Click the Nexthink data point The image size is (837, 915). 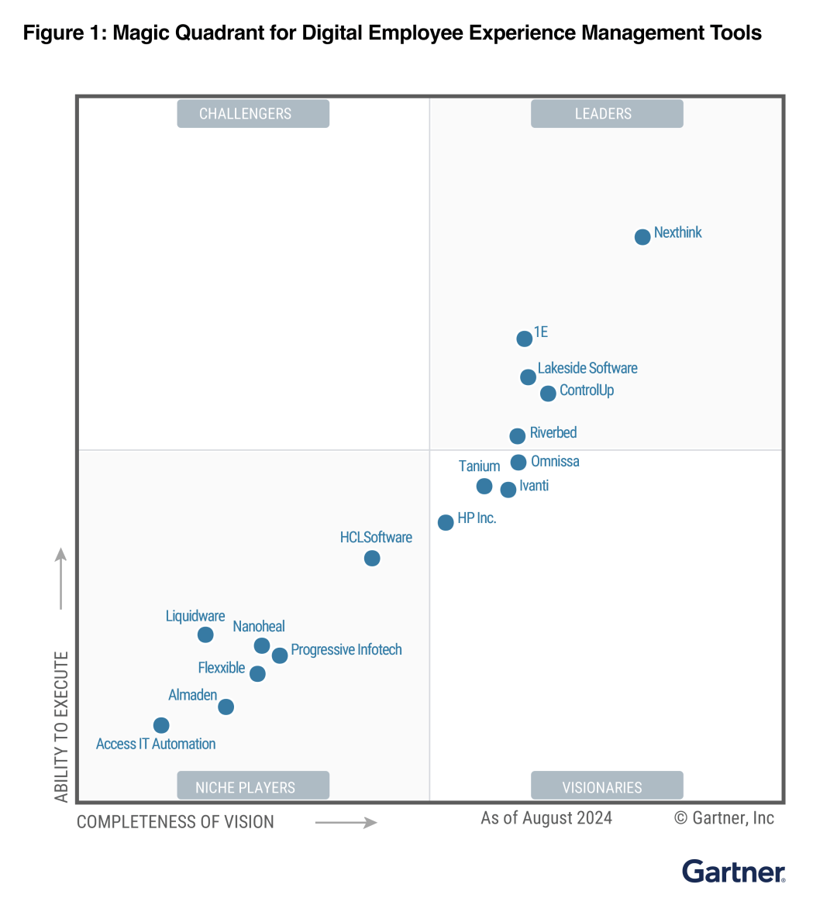point(642,237)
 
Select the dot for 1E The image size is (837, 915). point(525,339)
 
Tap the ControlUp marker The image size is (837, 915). point(548,394)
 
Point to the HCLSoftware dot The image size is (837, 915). point(372,559)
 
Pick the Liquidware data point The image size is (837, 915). point(205,635)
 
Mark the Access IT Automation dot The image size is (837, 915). point(161,726)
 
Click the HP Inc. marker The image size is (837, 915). point(446,523)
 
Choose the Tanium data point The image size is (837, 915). point(484,487)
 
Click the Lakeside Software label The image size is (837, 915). point(587,369)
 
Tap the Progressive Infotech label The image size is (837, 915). point(346,650)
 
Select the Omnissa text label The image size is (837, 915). point(555,462)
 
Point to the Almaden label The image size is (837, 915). point(193,696)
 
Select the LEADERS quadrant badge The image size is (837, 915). point(607,114)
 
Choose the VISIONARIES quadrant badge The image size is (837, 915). point(607,786)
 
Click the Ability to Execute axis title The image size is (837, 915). point(62,727)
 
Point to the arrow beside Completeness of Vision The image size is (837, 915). point(346,823)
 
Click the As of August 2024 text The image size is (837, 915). point(546,818)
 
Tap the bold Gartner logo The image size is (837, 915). point(733,872)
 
